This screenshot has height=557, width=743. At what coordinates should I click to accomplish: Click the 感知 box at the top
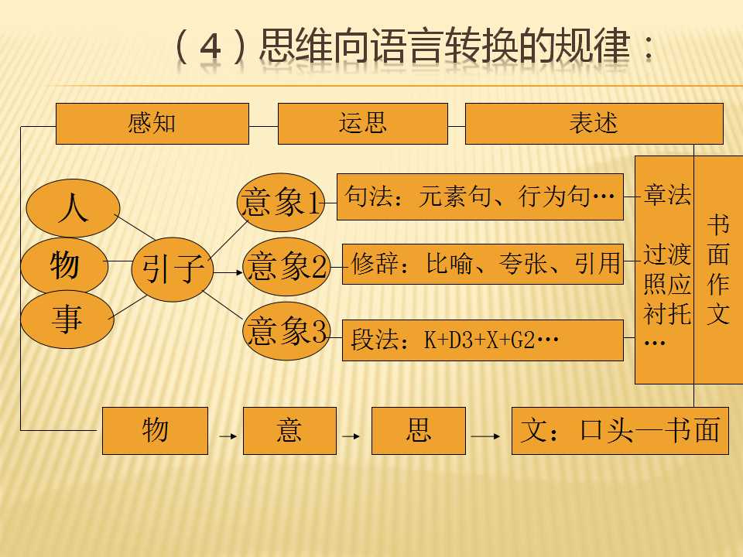pos(152,124)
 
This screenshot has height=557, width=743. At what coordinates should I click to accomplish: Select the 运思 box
pos(362,124)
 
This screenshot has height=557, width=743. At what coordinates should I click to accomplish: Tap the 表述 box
pos(594,124)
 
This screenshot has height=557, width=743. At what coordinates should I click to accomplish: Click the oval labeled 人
pos(73,208)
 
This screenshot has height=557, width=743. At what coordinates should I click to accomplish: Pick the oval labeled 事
pos(67,320)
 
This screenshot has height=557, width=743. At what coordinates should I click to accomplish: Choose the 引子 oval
pos(173,269)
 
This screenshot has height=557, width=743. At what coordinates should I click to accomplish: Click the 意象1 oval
pos(281,202)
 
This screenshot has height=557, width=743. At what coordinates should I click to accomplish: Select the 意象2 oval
pos(286,267)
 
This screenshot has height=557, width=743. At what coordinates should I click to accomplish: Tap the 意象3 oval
pos(286,331)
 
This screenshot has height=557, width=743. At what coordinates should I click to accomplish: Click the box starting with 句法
pos(480,196)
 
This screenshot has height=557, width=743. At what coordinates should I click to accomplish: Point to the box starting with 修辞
pos(483,264)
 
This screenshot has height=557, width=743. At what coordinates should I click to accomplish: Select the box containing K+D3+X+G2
pos(483,340)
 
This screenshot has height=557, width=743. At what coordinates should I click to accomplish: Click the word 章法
pos(667,195)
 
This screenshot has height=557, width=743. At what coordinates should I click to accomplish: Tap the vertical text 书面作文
pos(718,269)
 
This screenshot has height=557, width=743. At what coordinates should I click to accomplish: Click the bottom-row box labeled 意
pos(289,431)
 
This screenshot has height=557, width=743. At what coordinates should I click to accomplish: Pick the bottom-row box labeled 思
pos(419,431)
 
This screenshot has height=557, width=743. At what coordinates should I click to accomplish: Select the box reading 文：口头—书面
pos(620,431)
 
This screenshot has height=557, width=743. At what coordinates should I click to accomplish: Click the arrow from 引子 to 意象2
pos(228,272)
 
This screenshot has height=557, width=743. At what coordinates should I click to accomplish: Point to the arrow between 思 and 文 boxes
pos(485,436)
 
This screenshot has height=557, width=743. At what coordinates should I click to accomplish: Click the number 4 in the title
pos(211,47)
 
